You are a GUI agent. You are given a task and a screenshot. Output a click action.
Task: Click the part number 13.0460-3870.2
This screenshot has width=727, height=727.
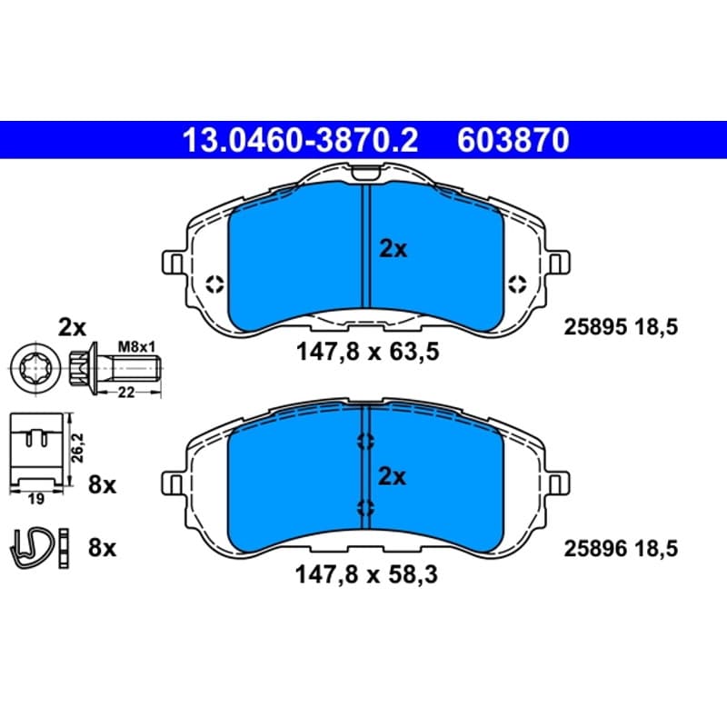click(301, 140)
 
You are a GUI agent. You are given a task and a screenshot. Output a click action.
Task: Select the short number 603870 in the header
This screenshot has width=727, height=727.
click(513, 140)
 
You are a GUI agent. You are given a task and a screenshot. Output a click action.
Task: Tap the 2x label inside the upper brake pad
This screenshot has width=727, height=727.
click(393, 249)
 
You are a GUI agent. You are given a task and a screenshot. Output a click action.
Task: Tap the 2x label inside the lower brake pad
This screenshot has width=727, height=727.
click(393, 476)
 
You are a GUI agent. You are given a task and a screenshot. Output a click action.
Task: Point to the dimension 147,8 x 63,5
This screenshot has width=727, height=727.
click(368, 352)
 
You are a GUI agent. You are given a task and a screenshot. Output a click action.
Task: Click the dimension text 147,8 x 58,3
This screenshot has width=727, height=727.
click(366, 575)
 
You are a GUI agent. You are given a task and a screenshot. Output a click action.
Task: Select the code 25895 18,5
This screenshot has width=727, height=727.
click(621, 327)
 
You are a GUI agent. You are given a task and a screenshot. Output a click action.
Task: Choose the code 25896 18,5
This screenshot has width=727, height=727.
click(621, 549)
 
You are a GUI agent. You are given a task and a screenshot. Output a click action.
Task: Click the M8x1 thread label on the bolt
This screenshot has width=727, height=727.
click(137, 346)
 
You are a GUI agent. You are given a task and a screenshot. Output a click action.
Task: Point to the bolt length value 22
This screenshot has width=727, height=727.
click(126, 393)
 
